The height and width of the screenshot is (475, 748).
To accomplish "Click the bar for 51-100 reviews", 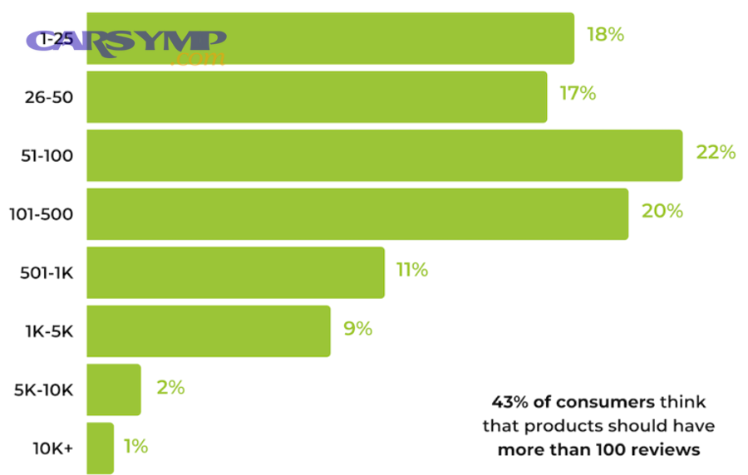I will [384, 155].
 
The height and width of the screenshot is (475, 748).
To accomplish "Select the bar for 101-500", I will [357, 214].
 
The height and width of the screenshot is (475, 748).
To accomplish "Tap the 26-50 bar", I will [317, 97].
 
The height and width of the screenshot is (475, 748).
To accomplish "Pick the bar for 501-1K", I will [235, 272].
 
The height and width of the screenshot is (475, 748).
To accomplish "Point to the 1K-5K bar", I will [208, 331].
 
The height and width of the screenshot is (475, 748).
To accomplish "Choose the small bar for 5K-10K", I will [114, 389].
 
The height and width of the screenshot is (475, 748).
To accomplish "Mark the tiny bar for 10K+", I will [100, 448].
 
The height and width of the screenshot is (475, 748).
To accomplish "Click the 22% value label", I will [716, 153].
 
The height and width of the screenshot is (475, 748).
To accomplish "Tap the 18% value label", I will [604, 35].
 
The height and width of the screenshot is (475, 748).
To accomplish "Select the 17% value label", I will [578, 94].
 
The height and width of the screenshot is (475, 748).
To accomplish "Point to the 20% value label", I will [662, 212].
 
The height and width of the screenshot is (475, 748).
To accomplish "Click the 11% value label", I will [412, 270].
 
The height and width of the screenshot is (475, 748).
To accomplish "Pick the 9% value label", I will [357, 329].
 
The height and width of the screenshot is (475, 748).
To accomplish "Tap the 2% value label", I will [170, 388].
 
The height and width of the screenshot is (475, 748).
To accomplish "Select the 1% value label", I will [135, 447].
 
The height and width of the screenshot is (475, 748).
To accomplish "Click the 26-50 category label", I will [49, 97].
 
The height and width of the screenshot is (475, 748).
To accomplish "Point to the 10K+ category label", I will [52, 448].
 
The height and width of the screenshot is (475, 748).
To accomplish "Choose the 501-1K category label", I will [46, 272].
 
